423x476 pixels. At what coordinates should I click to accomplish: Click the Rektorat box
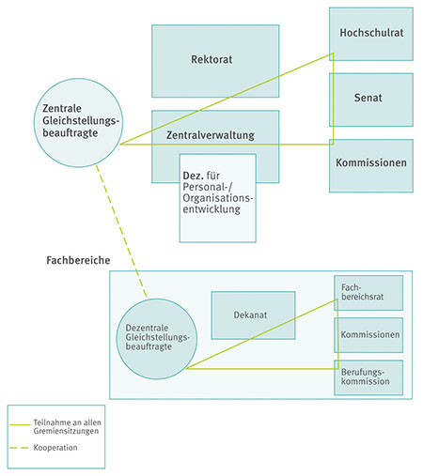pyautogui.click(x=215, y=60)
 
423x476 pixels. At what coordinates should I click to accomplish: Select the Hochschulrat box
pyautogui.click(x=370, y=33)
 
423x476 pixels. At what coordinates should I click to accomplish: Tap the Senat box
pyautogui.click(x=370, y=98)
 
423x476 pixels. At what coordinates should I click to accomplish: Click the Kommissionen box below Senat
pyautogui.click(x=370, y=162)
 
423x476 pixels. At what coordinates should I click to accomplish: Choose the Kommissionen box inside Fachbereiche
pyautogui.click(x=368, y=335)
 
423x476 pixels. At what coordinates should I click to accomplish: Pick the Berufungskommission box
pyautogui.click(x=368, y=377)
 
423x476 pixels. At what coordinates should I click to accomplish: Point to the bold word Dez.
pyautogui.click(x=195, y=176)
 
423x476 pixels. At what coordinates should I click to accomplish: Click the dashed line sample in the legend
pyautogui.click(x=22, y=448)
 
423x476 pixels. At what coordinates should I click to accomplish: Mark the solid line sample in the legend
pyautogui.click(x=22, y=422)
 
